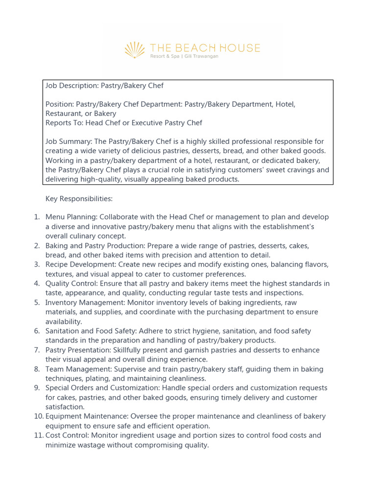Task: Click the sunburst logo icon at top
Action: (x=135, y=50)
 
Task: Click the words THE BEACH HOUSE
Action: (x=205, y=48)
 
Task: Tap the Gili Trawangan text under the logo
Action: (x=201, y=57)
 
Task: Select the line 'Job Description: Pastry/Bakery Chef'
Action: (x=104, y=86)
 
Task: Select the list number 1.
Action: (x=37, y=217)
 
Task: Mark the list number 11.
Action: (x=38, y=435)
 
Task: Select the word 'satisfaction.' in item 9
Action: (x=65, y=407)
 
